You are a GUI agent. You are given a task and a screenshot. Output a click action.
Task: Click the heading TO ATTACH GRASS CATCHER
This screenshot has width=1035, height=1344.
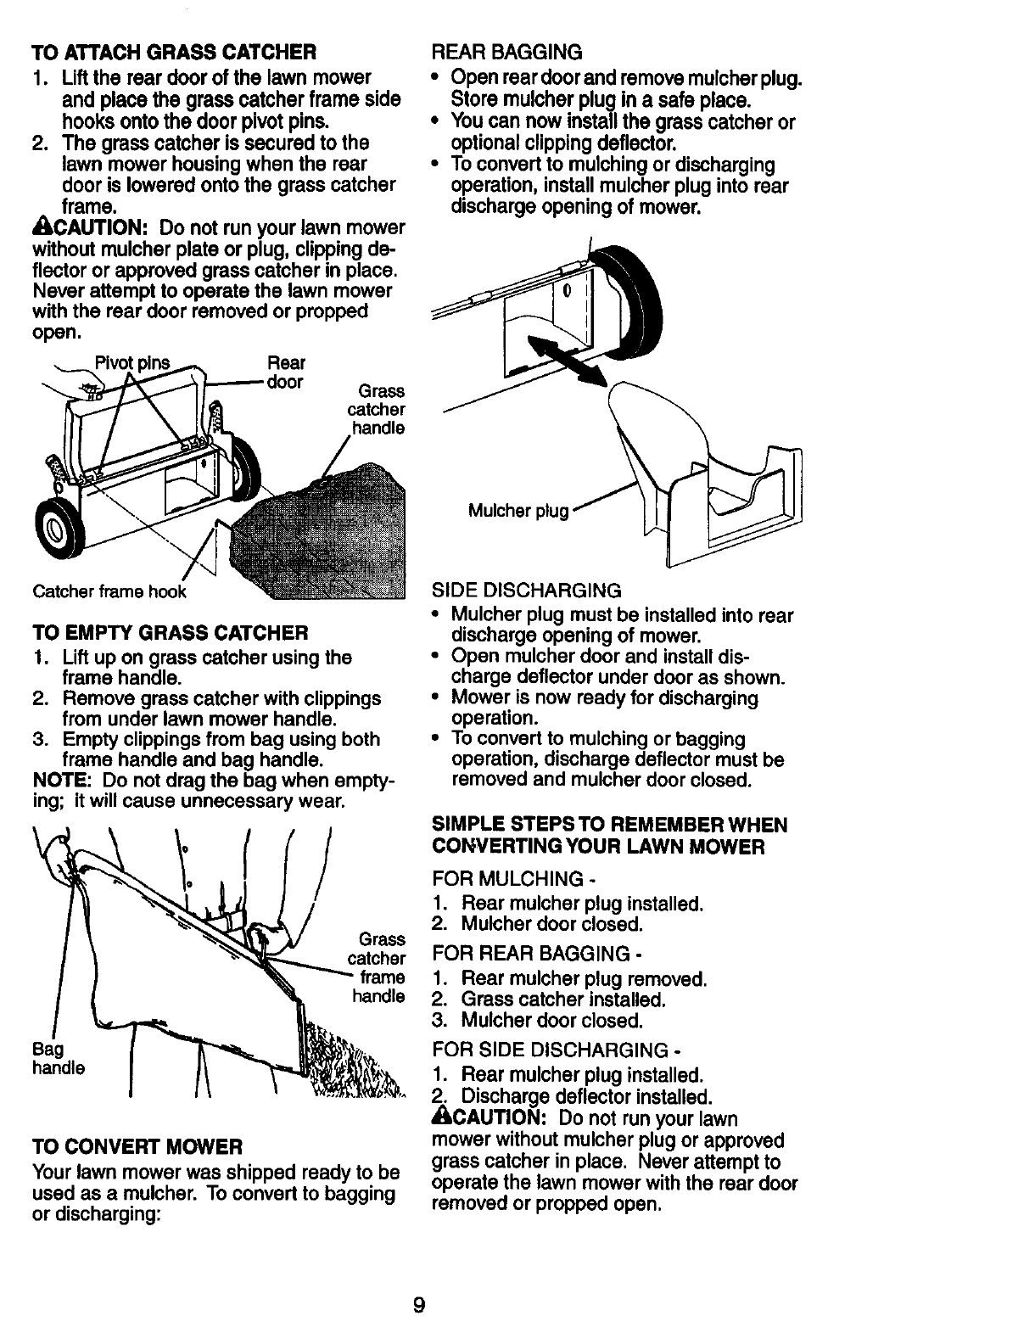(x=174, y=53)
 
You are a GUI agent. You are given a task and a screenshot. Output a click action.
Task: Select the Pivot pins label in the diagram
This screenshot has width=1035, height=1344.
(x=131, y=363)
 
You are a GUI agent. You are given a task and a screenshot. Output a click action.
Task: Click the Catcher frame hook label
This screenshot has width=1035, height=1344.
(x=109, y=591)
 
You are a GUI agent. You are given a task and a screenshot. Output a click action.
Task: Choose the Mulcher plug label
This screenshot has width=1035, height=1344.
(x=517, y=511)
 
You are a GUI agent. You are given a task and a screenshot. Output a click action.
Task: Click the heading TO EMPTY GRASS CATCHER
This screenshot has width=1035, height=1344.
(x=170, y=633)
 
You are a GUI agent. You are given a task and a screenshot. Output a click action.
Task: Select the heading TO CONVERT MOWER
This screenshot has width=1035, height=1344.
(x=137, y=1147)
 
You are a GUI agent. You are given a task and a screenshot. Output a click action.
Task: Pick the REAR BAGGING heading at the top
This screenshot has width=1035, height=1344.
(x=507, y=53)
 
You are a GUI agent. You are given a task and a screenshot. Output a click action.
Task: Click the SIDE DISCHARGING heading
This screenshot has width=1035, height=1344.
(x=526, y=590)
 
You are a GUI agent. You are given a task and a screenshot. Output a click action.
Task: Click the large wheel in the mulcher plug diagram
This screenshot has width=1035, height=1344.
(x=631, y=293)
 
